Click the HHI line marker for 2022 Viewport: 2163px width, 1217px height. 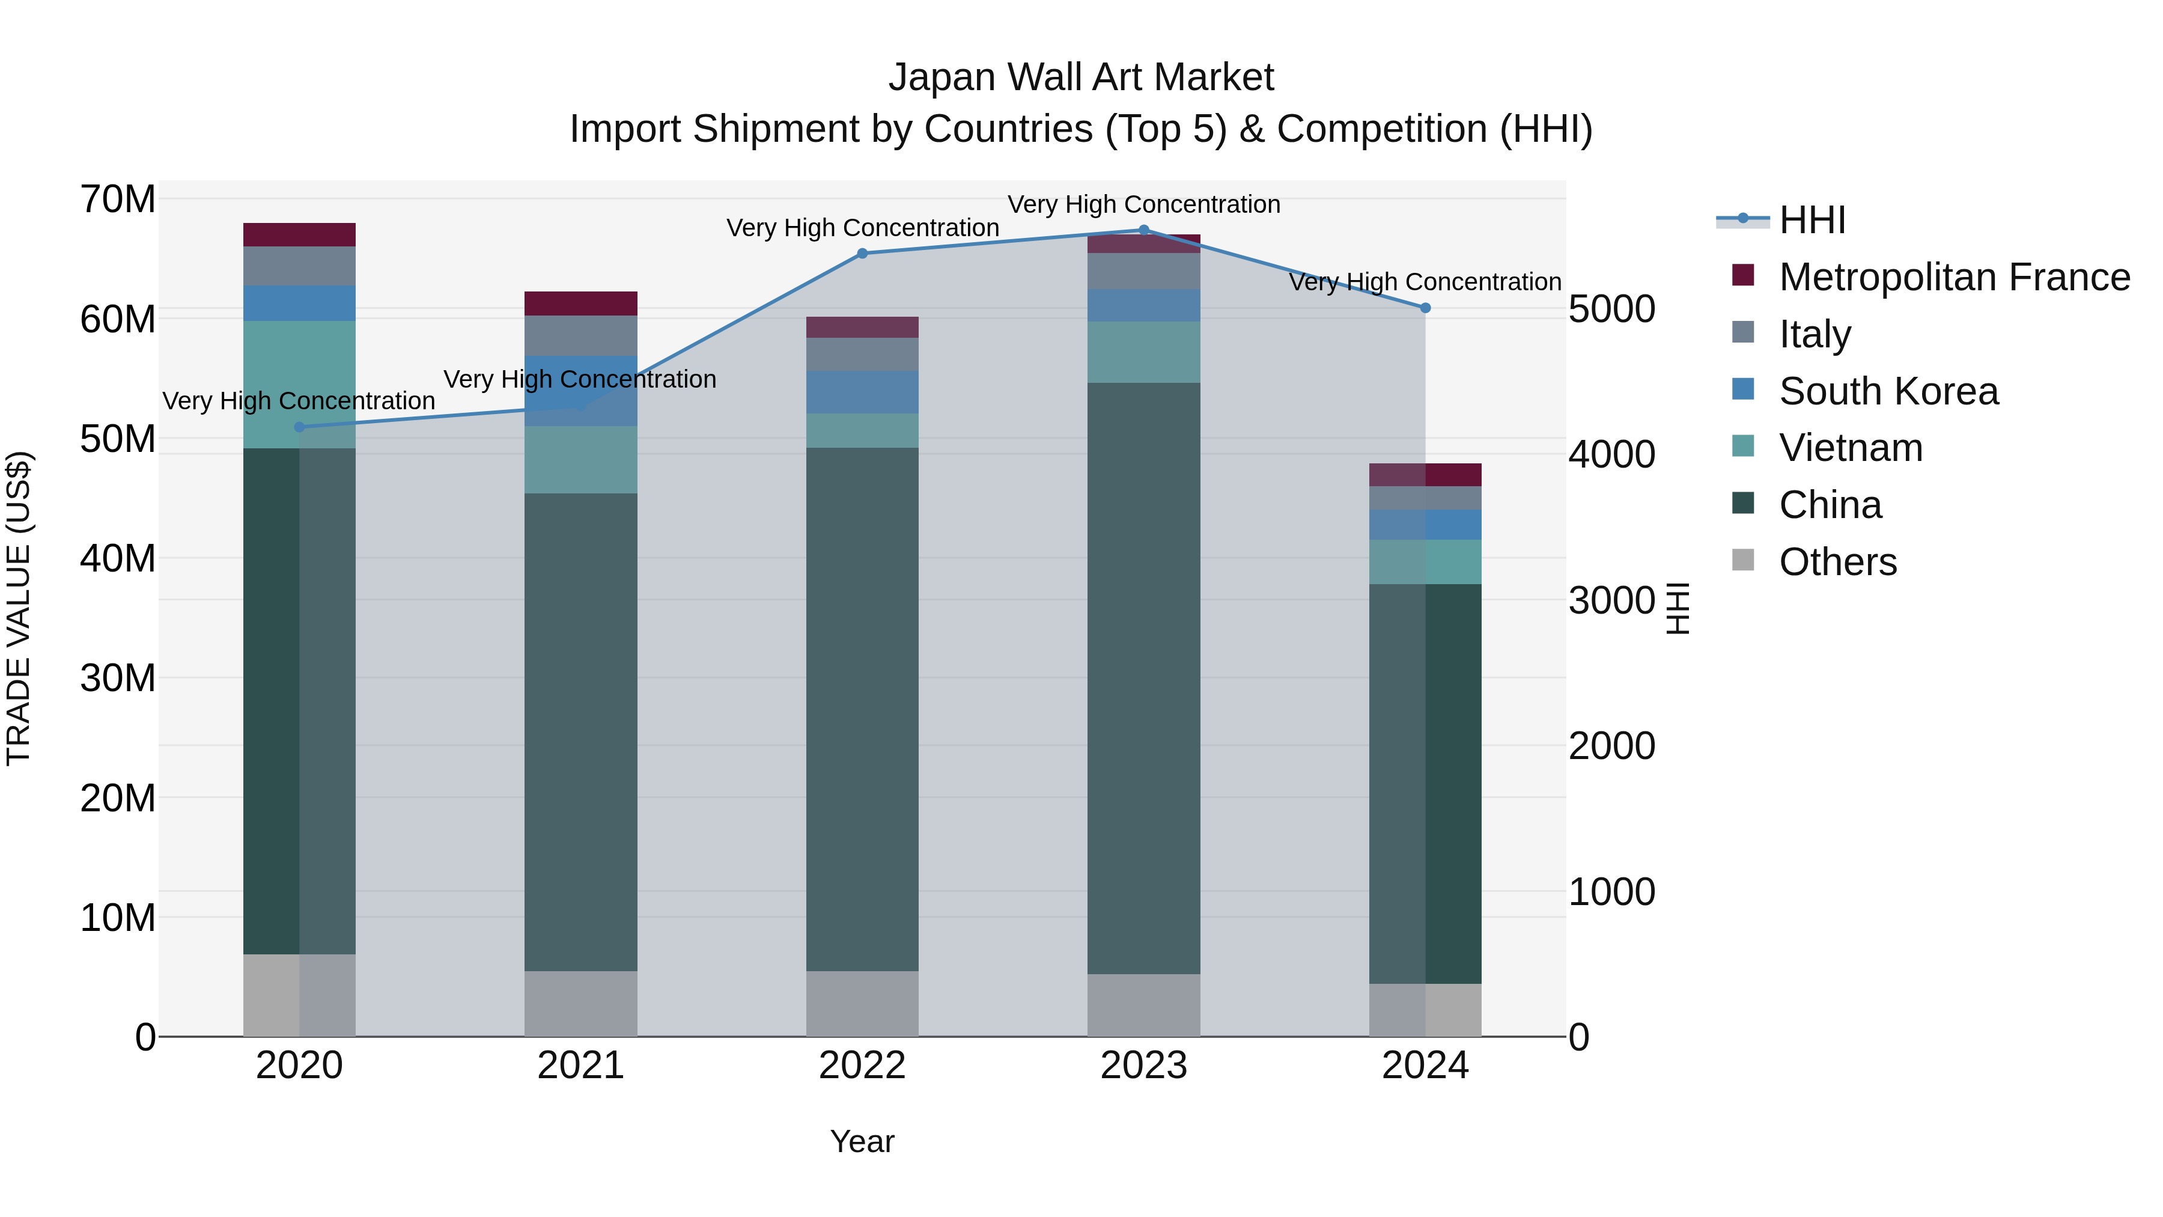pyautogui.click(x=862, y=253)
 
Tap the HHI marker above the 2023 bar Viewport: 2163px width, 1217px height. pyautogui.click(x=1143, y=230)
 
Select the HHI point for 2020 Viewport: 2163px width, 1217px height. pyautogui.click(x=299, y=427)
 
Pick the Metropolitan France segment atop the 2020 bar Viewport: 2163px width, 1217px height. pyautogui.click(x=299, y=234)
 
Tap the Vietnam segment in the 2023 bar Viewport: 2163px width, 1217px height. pyautogui.click(x=1143, y=352)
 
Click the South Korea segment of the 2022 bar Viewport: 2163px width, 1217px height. pyautogui.click(x=862, y=392)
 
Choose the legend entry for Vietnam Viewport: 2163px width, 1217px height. pyautogui.click(x=1850, y=448)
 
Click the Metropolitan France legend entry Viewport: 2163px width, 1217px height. pyautogui.click(x=1953, y=277)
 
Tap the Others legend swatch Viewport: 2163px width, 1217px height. pyautogui.click(x=1743, y=560)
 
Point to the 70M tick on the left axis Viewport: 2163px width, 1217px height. pyautogui.click(x=118, y=200)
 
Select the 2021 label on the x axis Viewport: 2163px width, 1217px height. pyautogui.click(x=580, y=1066)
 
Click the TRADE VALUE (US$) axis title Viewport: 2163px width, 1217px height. pyautogui.click(x=19, y=608)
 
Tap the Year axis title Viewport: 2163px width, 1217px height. pyautogui.click(x=862, y=1141)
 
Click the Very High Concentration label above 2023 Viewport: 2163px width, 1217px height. pyautogui.click(x=1143, y=204)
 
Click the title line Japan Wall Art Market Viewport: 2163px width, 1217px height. pyautogui.click(x=1081, y=78)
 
